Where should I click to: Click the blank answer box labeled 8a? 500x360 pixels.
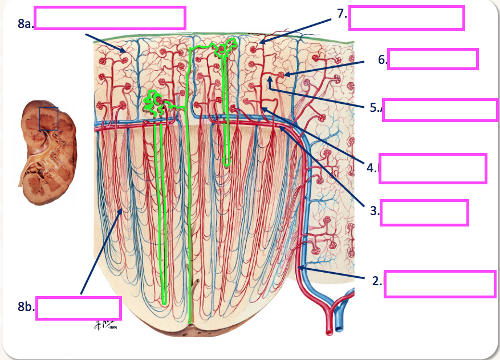click(110, 18)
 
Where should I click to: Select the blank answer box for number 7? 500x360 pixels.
click(406, 18)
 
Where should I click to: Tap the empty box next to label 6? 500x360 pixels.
click(432, 59)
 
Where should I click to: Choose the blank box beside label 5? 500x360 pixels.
click(440, 110)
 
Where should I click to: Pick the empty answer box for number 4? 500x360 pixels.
click(433, 168)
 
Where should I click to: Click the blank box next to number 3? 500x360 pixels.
click(424, 212)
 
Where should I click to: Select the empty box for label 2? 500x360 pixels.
click(440, 284)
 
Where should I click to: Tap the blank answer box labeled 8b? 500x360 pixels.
click(79, 308)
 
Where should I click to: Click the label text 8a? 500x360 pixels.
click(25, 23)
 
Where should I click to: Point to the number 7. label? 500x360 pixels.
click(342, 14)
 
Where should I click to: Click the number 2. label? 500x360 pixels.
click(376, 280)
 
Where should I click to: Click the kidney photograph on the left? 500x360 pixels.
click(46, 152)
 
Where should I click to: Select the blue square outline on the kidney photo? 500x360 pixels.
click(48, 118)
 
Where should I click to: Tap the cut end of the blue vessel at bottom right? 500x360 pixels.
click(340, 327)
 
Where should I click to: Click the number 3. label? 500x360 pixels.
click(375, 211)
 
